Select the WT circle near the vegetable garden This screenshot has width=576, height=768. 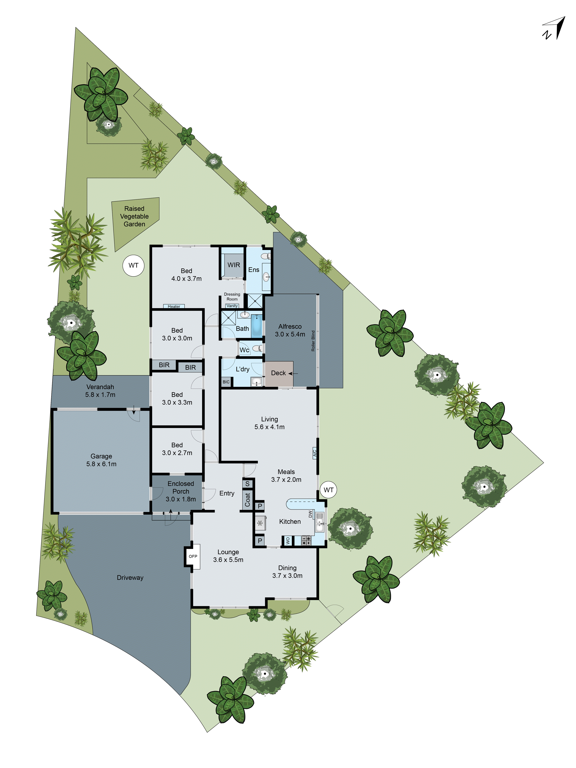(x=133, y=266)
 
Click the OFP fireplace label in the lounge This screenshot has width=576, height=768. (x=193, y=556)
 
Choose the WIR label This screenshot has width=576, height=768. (x=234, y=265)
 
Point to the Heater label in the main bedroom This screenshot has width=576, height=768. (x=174, y=306)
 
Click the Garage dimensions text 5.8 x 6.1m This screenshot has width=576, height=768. (x=101, y=464)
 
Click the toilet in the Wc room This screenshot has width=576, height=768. (x=257, y=348)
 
